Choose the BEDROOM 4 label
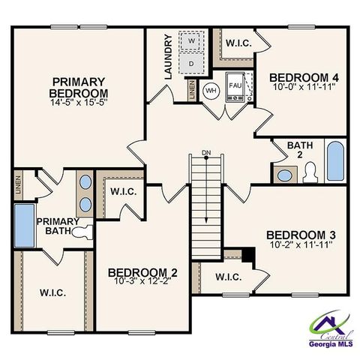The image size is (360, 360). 298,76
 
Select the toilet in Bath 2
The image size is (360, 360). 308,173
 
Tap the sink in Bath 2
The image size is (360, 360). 286,175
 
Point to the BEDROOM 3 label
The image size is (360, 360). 298,235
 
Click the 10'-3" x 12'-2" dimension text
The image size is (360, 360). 142,280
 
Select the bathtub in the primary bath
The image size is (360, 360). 25,224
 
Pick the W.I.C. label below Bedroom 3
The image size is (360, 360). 229,277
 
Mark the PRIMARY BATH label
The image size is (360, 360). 54,226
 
